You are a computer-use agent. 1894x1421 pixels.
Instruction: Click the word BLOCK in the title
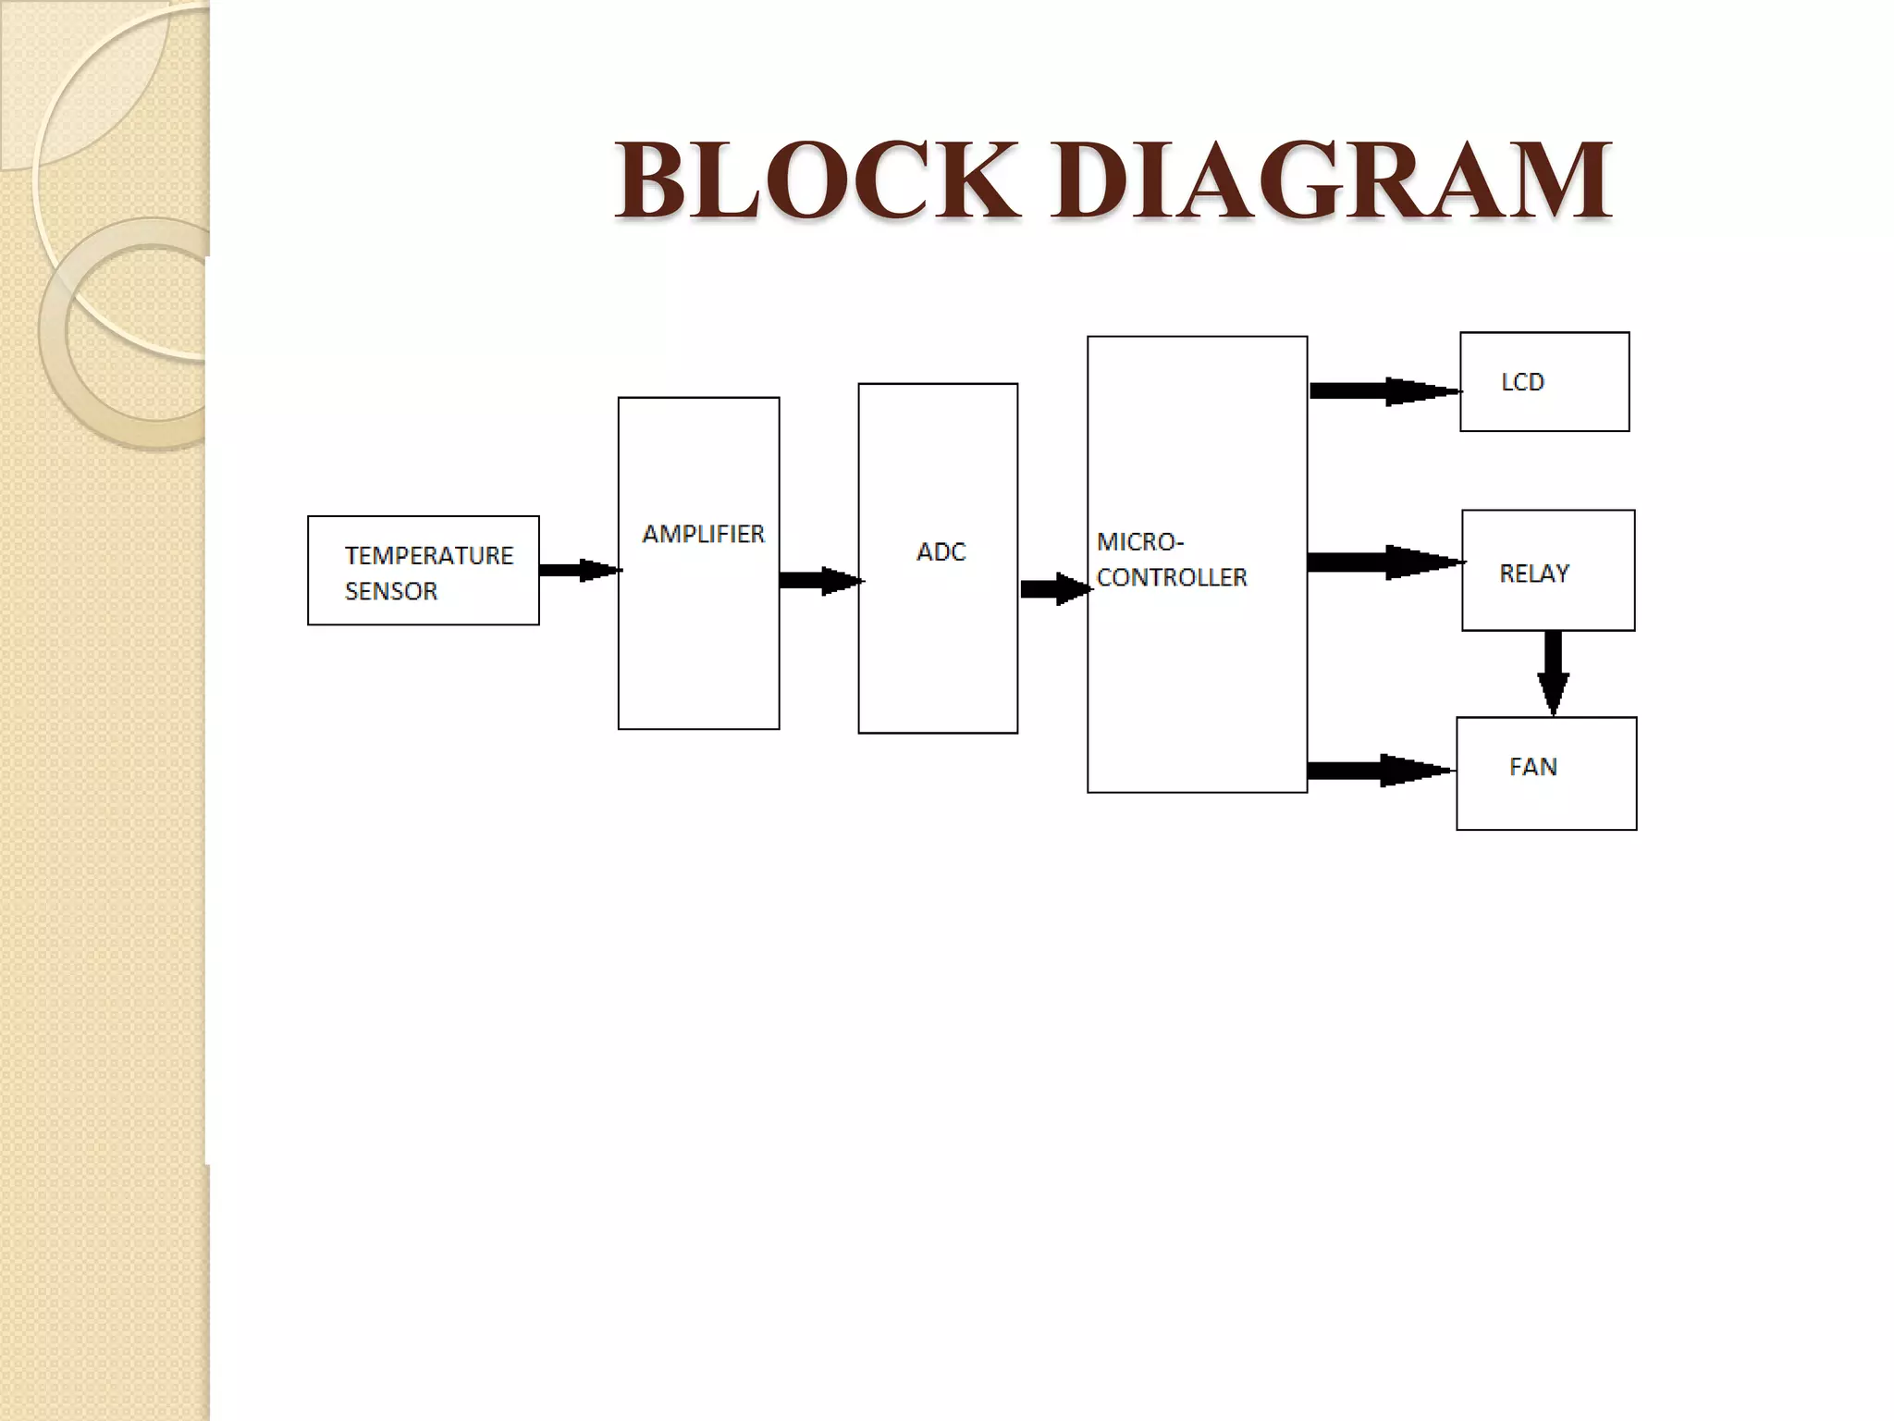point(818,179)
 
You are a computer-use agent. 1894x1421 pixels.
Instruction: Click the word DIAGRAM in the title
point(1332,179)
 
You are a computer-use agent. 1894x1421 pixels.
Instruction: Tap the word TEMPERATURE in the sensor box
point(428,555)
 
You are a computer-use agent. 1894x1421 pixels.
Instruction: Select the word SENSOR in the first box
point(390,591)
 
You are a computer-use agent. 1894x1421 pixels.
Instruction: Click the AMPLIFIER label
point(703,534)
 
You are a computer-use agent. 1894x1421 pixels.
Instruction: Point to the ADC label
point(941,551)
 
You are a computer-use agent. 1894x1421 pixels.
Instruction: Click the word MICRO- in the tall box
point(1139,541)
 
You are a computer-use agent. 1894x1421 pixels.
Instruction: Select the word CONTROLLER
point(1172,577)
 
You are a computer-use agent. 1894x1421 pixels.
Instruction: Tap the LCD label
point(1522,382)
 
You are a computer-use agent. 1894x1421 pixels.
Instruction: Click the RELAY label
point(1534,574)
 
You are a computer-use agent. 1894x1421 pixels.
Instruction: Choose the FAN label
point(1532,767)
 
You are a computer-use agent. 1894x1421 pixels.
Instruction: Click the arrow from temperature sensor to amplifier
point(579,570)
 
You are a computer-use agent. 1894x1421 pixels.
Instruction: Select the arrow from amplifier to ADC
point(819,581)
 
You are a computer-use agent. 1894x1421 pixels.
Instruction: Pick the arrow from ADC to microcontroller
point(1055,588)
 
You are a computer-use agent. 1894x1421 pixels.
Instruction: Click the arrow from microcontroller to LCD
point(1384,391)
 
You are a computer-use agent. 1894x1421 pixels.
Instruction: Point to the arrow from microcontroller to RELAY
point(1384,562)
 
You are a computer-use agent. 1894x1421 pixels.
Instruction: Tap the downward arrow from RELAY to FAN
point(1553,673)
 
